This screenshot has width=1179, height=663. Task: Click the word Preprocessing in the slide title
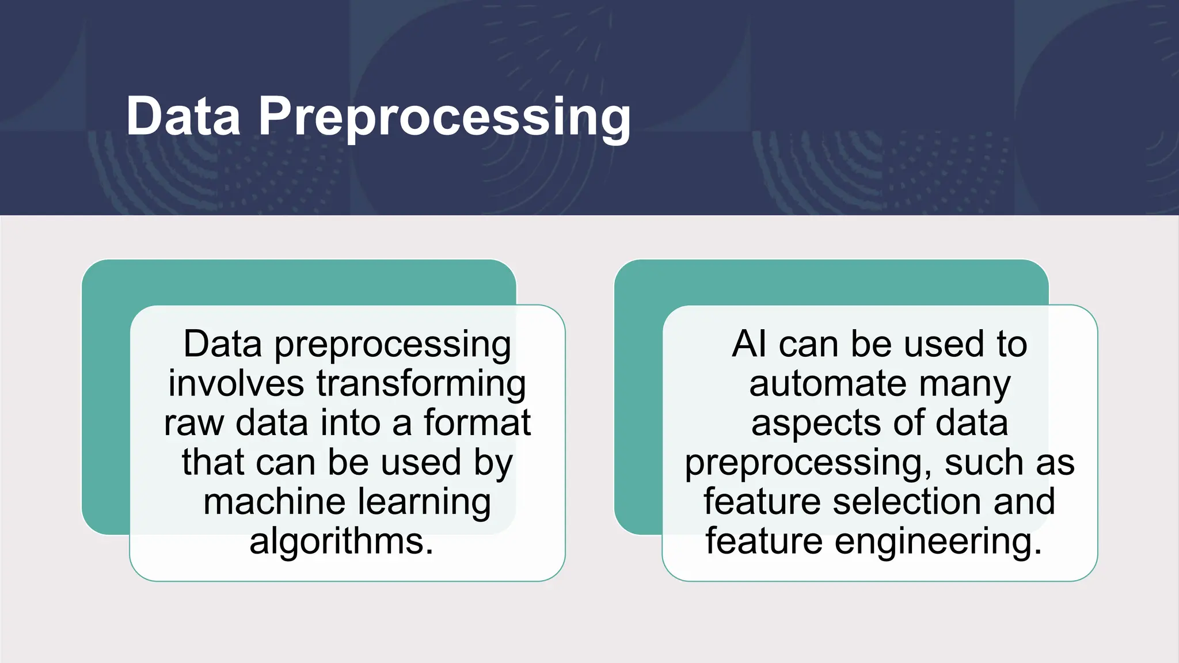pyautogui.click(x=444, y=117)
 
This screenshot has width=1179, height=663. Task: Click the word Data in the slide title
pyautogui.click(x=183, y=117)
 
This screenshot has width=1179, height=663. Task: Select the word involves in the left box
pyautogui.click(x=236, y=384)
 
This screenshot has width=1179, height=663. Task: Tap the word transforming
pyautogui.click(x=421, y=384)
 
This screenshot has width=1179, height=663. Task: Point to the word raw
pyautogui.click(x=193, y=423)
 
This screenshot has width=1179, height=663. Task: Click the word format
pyautogui.click(x=477, y=423)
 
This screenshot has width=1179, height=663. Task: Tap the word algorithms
pyautogui.click(x=341, y=542)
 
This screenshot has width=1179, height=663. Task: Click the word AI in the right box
pyautogui.click(x=749, y=344)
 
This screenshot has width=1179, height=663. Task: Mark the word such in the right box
pyautogui.click(x=985, y=463)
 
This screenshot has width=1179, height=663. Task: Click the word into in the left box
pyautogui.click(x=351, y=423)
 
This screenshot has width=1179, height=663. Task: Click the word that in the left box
pyautogui.click(x=214, y=463)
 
